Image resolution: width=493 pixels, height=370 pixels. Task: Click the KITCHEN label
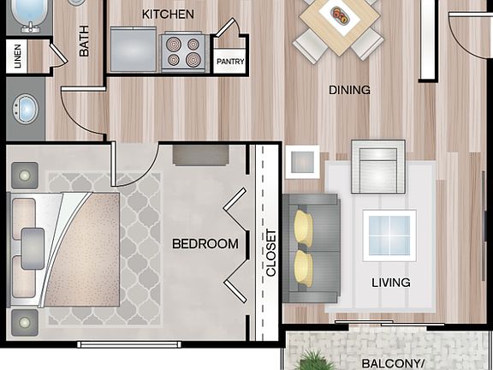(168, 14)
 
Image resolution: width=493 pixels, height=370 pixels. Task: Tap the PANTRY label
(229, 62)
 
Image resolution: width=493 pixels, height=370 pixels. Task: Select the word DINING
(350, 90)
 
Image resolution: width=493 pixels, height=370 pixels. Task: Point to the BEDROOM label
(205, 244)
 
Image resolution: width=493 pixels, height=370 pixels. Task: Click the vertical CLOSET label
(271, 253)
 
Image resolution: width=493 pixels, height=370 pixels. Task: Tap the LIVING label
(390, 282)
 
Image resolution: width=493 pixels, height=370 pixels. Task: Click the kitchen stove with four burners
(183, 51)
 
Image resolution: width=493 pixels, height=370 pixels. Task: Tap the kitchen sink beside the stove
(134, 48)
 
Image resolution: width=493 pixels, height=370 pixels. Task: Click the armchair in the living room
(377, 168)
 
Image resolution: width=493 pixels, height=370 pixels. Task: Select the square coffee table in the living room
(389, 236)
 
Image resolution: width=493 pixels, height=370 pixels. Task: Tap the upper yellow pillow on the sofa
(304, 229)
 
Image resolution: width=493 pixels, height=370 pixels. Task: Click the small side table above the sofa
(302, 162)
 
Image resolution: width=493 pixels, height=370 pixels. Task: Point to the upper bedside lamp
(24, 176)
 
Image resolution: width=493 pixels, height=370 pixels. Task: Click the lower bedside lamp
(24, 324)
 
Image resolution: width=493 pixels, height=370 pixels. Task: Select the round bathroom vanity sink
(27, 110)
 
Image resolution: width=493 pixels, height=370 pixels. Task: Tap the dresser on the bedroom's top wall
(200, 154)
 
